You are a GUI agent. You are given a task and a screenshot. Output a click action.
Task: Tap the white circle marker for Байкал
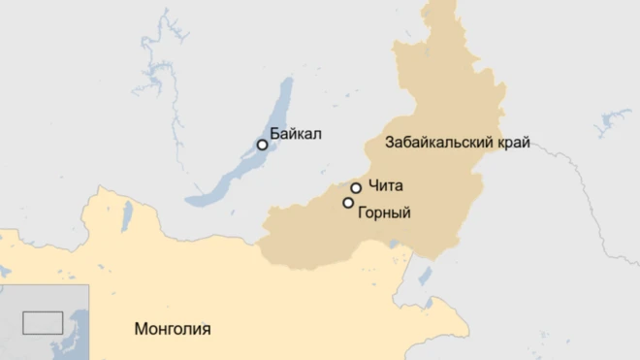click(x=262, y=145)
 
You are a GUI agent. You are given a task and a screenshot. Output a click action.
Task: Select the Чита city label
click(x=385, y=185)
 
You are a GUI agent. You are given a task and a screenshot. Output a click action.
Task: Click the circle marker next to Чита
click(x=356, y=187)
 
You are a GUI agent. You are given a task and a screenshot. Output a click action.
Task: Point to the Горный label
click(x=384, y=212)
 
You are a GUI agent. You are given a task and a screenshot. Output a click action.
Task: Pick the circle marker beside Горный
click(x=348, y=203)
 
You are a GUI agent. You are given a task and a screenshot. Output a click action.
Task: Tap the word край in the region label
click(x=514, y=143)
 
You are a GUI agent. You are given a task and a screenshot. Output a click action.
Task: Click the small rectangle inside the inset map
click(x=43, y=322)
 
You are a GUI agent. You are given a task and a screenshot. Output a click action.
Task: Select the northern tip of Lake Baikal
click(x=287, y=82)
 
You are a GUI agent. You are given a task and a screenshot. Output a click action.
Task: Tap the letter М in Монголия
click(x=140, y=328)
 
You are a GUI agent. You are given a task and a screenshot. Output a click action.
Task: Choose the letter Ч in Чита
click(x=373, y=185)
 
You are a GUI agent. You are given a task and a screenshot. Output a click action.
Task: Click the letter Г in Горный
click(x=362, y=212)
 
